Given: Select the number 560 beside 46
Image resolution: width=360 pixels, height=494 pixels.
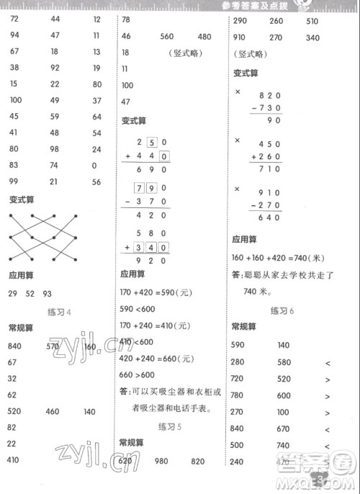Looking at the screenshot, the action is coord(168,37).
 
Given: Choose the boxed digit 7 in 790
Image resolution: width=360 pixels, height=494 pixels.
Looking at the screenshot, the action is coord(140,187).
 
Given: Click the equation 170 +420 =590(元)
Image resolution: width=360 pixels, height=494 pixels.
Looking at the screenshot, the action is coord(158,293).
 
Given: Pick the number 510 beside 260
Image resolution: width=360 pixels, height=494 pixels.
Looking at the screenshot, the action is coord(312,22).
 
